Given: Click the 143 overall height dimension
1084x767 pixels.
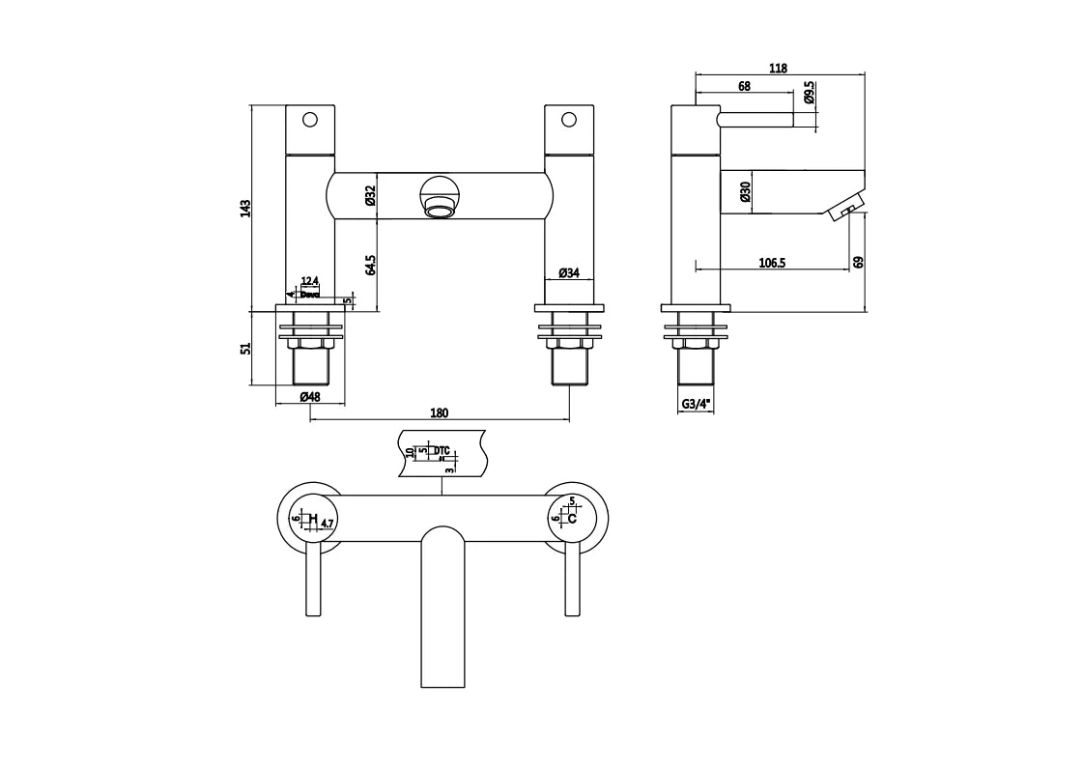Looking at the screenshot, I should [x=245, y=208].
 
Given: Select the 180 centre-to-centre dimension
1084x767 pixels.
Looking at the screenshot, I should [x=439, y=412].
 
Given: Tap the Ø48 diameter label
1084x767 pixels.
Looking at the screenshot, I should [x=309, y=396].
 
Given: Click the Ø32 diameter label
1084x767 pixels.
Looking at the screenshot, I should [x=370, y=196].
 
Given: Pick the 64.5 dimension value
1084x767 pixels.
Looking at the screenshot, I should [x=370, y=266].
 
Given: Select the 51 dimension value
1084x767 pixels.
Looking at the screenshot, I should [x=245, y=348].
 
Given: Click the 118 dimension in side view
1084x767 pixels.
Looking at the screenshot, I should [x=779, y=68].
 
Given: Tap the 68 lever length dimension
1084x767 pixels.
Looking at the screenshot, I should [x=744, y=86].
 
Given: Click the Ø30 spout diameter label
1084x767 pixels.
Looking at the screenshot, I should [x=746, y=192].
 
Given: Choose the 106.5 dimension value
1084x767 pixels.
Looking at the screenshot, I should [x=771, y=262].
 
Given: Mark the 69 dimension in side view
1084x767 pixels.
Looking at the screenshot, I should [x=858, y=262].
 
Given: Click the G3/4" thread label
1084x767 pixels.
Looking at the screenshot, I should [x=697, y=405].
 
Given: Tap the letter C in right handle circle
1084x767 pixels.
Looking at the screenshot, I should [x=572, y=519].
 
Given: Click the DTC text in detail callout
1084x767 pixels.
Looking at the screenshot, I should [x=442, y=450].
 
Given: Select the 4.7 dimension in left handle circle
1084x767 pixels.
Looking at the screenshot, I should [x=328, y=524].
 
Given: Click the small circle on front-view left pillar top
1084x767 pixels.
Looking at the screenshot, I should [x=310, y=121].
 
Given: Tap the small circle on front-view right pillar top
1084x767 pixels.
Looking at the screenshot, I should [x=568, y=121].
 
